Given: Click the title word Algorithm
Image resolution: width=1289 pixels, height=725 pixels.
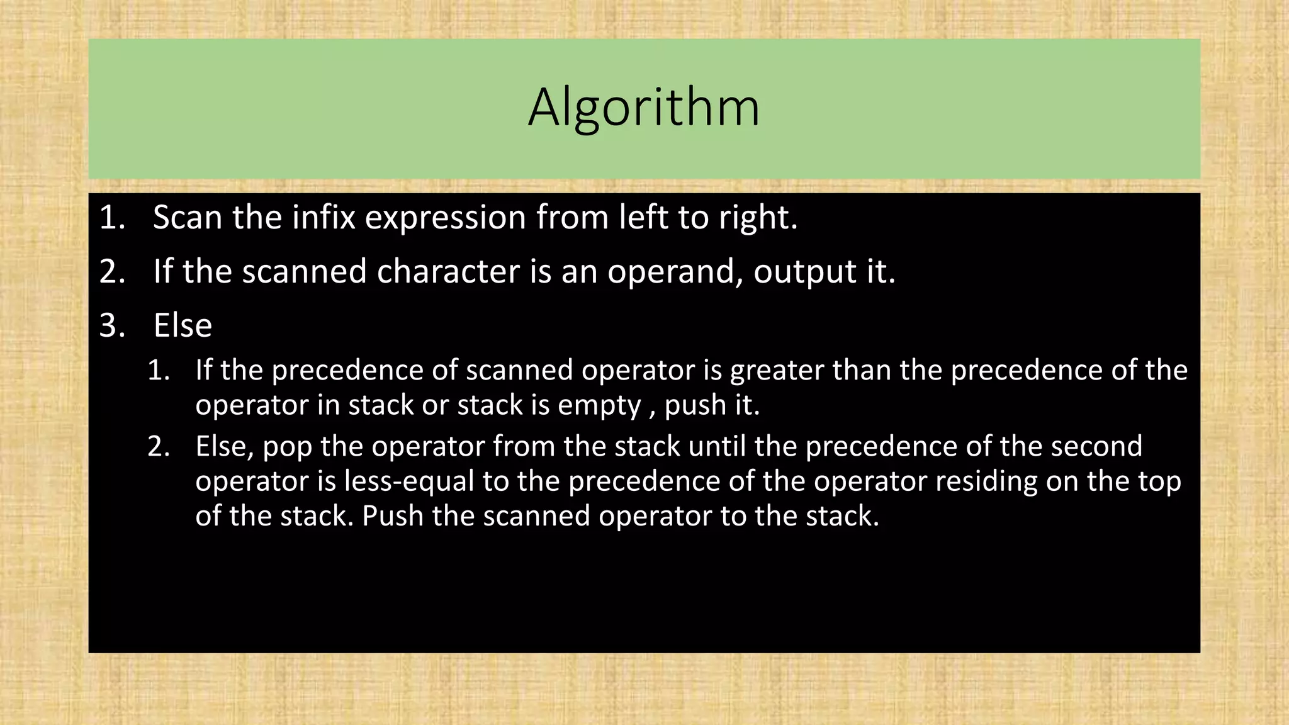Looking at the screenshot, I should click(644, 108).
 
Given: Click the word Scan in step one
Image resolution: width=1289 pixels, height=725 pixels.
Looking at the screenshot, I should click(187, 218).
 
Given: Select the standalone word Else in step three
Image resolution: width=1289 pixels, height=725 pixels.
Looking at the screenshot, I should click(183, 326).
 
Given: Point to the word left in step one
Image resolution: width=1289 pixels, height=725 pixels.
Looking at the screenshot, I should click(643, 218).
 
